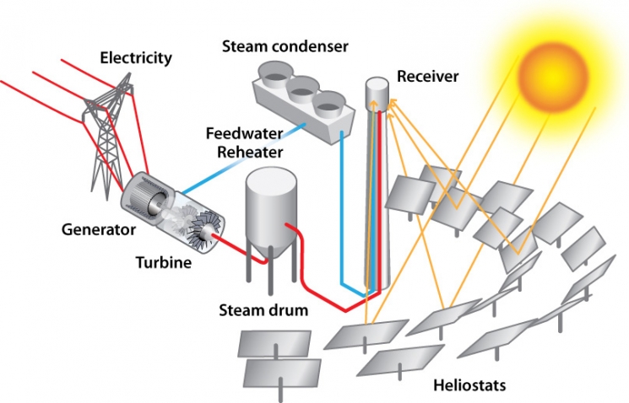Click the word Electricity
136,58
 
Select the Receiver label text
427,77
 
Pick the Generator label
100,228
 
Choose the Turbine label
164,262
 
